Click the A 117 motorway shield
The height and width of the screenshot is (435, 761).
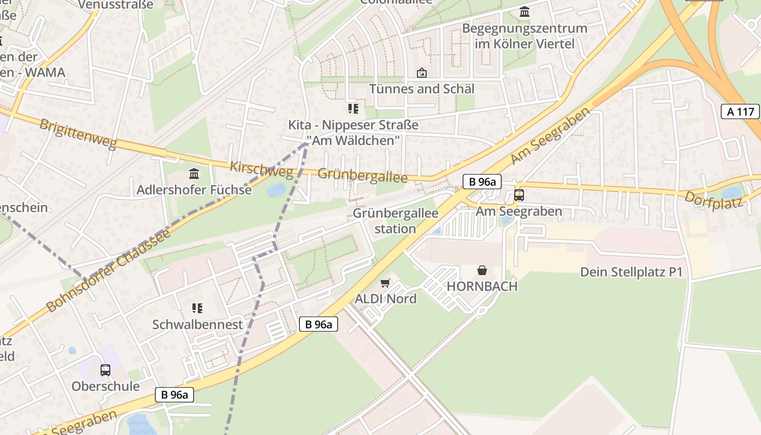[x=740, y=111]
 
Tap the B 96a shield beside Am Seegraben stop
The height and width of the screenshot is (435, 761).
[x=482, y=182]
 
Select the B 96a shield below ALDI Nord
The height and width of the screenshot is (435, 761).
[x=319, y=325]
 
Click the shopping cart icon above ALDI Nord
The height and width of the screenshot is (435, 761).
[x=385, y=283]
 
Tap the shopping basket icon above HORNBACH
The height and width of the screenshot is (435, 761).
[x=482, y=270]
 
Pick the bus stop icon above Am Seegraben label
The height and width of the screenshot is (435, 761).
[x=519, y=195]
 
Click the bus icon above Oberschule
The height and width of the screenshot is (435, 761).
[x=105, y=370]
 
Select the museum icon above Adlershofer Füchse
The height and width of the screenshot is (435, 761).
[x=194, y=174]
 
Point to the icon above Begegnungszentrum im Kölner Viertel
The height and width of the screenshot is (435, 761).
[x=525, y=11]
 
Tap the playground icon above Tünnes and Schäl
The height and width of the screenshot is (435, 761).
[x=421, y=73]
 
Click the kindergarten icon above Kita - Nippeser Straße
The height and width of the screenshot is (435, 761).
[x=353, y=109]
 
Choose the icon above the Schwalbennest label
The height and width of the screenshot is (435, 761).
[x=197, y=308]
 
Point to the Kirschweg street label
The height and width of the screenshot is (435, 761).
[x=261, y=170]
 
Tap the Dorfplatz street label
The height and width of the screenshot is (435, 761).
[x=713, y=200]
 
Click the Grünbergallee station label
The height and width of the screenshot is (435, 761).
[x=395, y=221]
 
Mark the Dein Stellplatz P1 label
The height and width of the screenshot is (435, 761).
[x=631, y=272]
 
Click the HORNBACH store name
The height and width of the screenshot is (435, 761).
[x=482, y=286]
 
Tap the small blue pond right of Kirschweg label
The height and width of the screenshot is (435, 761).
[x=276, y=190]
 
